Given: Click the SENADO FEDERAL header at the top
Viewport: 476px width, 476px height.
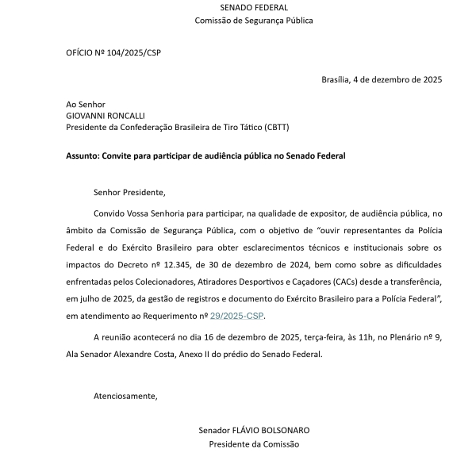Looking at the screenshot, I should tap(254, 6).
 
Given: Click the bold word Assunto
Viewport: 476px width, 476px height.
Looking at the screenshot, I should tap(83, 156).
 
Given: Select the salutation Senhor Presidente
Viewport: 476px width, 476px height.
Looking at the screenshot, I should tap(129, 191).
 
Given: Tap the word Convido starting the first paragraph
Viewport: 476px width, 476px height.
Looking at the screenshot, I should tap(109, 214).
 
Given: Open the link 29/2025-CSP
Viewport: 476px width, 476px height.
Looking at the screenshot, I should tap(236, 316).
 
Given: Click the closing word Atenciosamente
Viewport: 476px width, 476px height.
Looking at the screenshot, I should tap(125, 396).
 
